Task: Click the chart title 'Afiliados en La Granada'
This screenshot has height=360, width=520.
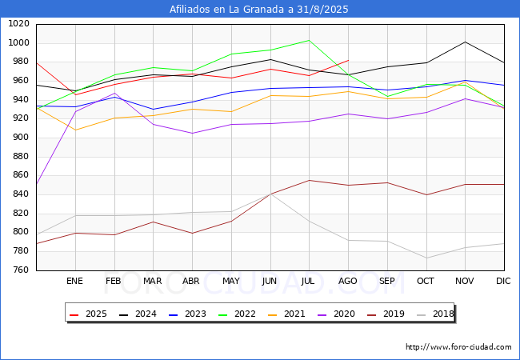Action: pyautogui.click(x=259, y=10)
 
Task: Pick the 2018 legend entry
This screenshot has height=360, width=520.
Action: pyautogui.click(x=434, y=314)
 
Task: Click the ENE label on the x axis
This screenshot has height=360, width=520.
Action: pyautogui.click(x=74, y=282)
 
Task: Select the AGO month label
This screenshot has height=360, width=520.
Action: pyautogui.click(x=348, y=282)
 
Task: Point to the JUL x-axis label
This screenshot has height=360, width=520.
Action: pyautogui.click(x=309, y=282)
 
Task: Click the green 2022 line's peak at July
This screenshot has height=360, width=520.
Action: pyautogui.click(x=309, y=40)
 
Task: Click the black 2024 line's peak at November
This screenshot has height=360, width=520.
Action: pyautogui.click(x=465, y=42)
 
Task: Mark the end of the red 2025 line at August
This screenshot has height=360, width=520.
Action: pyautogui.click(x=348, y=60)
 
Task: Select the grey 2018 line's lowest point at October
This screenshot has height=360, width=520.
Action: pyautogui.click(x=426, y=258)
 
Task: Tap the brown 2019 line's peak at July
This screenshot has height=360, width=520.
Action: pyautogui.click(x=309, y=180)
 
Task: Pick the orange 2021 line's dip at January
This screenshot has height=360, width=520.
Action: pyautogui.click(x=75, y=130)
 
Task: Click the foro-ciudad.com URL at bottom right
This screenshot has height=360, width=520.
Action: pyautogui.click(x=458, y=347)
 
